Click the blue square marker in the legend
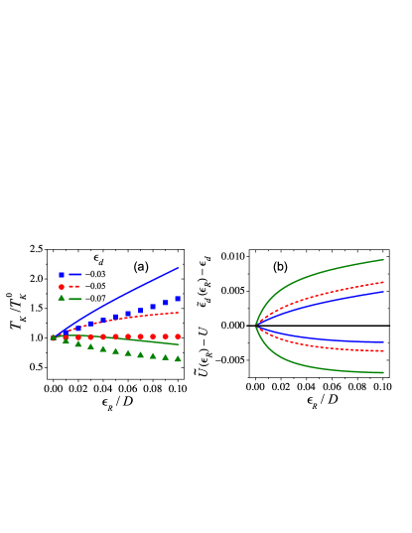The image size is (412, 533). point(62,274)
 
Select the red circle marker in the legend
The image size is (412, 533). point(62,286)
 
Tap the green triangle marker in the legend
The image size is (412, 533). point(62,298)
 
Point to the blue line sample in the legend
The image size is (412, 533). point(75,274)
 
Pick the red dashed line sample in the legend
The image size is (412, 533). point(74,286)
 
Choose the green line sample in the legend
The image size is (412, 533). point(75,298)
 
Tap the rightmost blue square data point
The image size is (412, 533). point(178,298)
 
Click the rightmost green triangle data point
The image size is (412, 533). point(178,358)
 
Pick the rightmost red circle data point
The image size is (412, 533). point(178,336)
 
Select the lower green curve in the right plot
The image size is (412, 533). point(328,368)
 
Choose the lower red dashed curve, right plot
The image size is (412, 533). point(328,346)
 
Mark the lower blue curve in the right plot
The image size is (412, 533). point(328,339)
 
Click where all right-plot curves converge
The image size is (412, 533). point(256,326)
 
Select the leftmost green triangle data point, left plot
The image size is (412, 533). point(54,337)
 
